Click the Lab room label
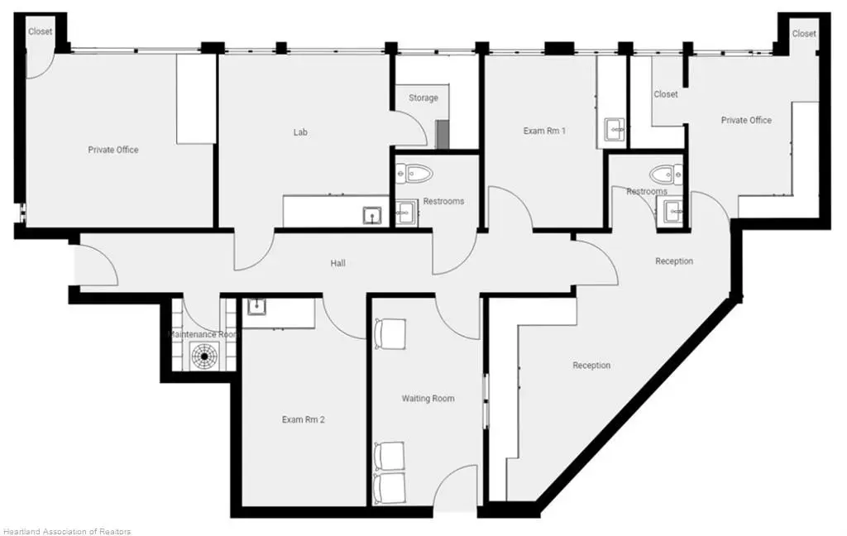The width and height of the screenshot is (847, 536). [x=300, y=132]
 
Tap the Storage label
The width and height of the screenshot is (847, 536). [x=423, y=98]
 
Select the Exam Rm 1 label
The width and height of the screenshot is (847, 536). [x=544, y=131]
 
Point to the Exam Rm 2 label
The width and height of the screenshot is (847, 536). [x=303, y=419]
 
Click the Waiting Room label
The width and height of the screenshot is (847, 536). [x=428, y=398]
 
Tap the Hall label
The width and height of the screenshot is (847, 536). [x=338, y=263]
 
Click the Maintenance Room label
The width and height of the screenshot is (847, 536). [x=203, y=334]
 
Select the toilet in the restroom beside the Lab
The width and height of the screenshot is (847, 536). [x=415, y=174]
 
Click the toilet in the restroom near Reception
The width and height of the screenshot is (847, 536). [x=667, y=174]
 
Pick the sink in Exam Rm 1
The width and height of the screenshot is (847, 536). [x=615, y=128]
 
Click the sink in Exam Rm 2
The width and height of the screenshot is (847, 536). [x=256, y=306]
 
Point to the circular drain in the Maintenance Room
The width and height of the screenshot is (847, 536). [x=205, y=357]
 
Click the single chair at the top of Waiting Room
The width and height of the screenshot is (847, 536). [x=390, y=334]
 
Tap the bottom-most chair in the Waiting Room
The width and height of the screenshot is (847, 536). [x=389, y=489]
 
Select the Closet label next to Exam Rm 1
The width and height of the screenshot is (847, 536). [x=666, y=94]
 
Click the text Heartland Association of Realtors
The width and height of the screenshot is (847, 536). [x=66, y=531]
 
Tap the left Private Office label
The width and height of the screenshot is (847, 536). [x=112, y=150]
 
